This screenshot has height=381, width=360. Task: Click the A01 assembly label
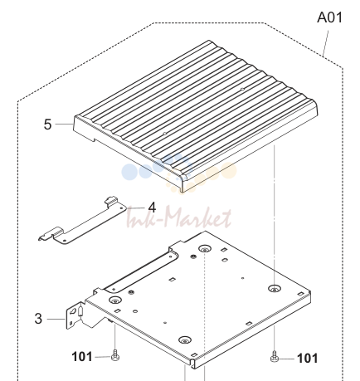coord(329,17)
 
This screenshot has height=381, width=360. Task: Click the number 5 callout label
coord(47,125)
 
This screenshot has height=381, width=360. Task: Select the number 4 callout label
coord(152,208)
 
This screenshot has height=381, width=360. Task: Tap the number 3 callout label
coord(38,319)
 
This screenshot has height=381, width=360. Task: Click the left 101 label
coord(82,357)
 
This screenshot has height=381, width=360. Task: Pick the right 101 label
coord(307,359)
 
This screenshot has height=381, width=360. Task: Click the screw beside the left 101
coord(115,355)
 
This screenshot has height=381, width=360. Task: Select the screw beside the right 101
coord(274,356)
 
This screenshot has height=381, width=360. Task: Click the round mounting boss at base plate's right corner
coord(274,289)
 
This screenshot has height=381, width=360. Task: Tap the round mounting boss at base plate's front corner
coord(185,339)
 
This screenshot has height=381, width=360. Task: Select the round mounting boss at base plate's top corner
coord(204,249)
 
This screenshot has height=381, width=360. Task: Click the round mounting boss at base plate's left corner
coord(115,300)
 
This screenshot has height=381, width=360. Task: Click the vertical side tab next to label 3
coord(75,315)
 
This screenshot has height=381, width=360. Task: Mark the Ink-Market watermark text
coord(178,218)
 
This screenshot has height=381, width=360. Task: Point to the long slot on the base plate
coord(141,272)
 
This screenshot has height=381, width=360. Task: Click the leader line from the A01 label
coord(326,43)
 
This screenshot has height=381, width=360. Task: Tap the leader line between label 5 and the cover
coord(64,125)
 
